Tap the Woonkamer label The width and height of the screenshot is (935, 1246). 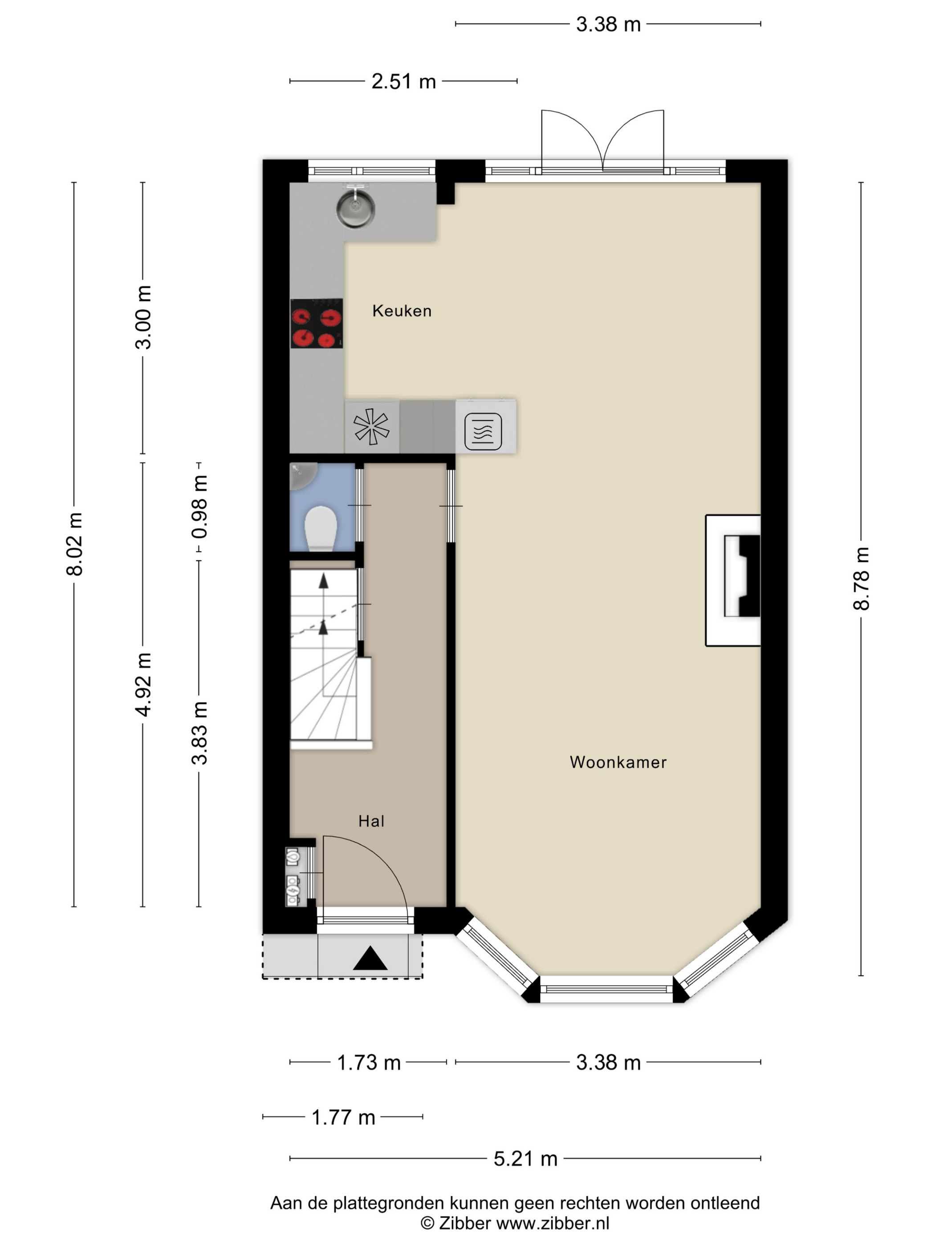coord(618,762)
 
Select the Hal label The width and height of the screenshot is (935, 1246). coord(371,821)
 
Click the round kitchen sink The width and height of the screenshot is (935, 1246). coord(355,208)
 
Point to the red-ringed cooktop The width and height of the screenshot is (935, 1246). coord(317,324)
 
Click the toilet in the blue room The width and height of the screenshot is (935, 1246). coord(321,528)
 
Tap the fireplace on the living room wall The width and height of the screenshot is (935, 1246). coord(733,580)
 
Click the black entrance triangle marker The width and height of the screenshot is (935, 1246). coord(370,958)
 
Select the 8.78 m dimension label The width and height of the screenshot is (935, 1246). coord(862,578)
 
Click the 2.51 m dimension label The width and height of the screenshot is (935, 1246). coord(403,82)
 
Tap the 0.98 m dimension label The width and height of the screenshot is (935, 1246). coord(199,506)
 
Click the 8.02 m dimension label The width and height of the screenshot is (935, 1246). coord(74,544)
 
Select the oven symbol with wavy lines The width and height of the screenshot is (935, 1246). coord(483,432)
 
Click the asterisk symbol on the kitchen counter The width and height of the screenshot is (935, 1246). coord(371,426)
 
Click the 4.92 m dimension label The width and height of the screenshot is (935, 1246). coord(144,685)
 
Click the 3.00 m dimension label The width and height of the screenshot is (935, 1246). coord(144,317)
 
